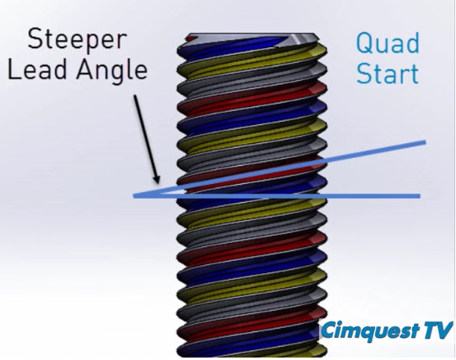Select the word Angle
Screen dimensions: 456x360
112,71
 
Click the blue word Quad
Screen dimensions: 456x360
388,43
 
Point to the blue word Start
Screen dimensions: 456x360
388,74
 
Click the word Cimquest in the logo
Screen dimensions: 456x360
370,331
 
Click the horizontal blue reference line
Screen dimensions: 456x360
277,196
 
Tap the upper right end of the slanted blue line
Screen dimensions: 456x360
426,142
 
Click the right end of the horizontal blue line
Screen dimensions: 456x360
420,196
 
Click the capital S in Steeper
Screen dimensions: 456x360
35,39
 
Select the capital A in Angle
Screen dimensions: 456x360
85,70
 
